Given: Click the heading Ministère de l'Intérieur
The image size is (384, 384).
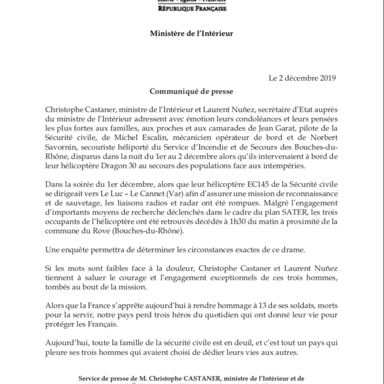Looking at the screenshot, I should coord(192,34).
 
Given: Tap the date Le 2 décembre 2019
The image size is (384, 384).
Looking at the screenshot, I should coord(302,77).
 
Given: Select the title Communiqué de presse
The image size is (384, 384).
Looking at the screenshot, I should coord(192,90).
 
